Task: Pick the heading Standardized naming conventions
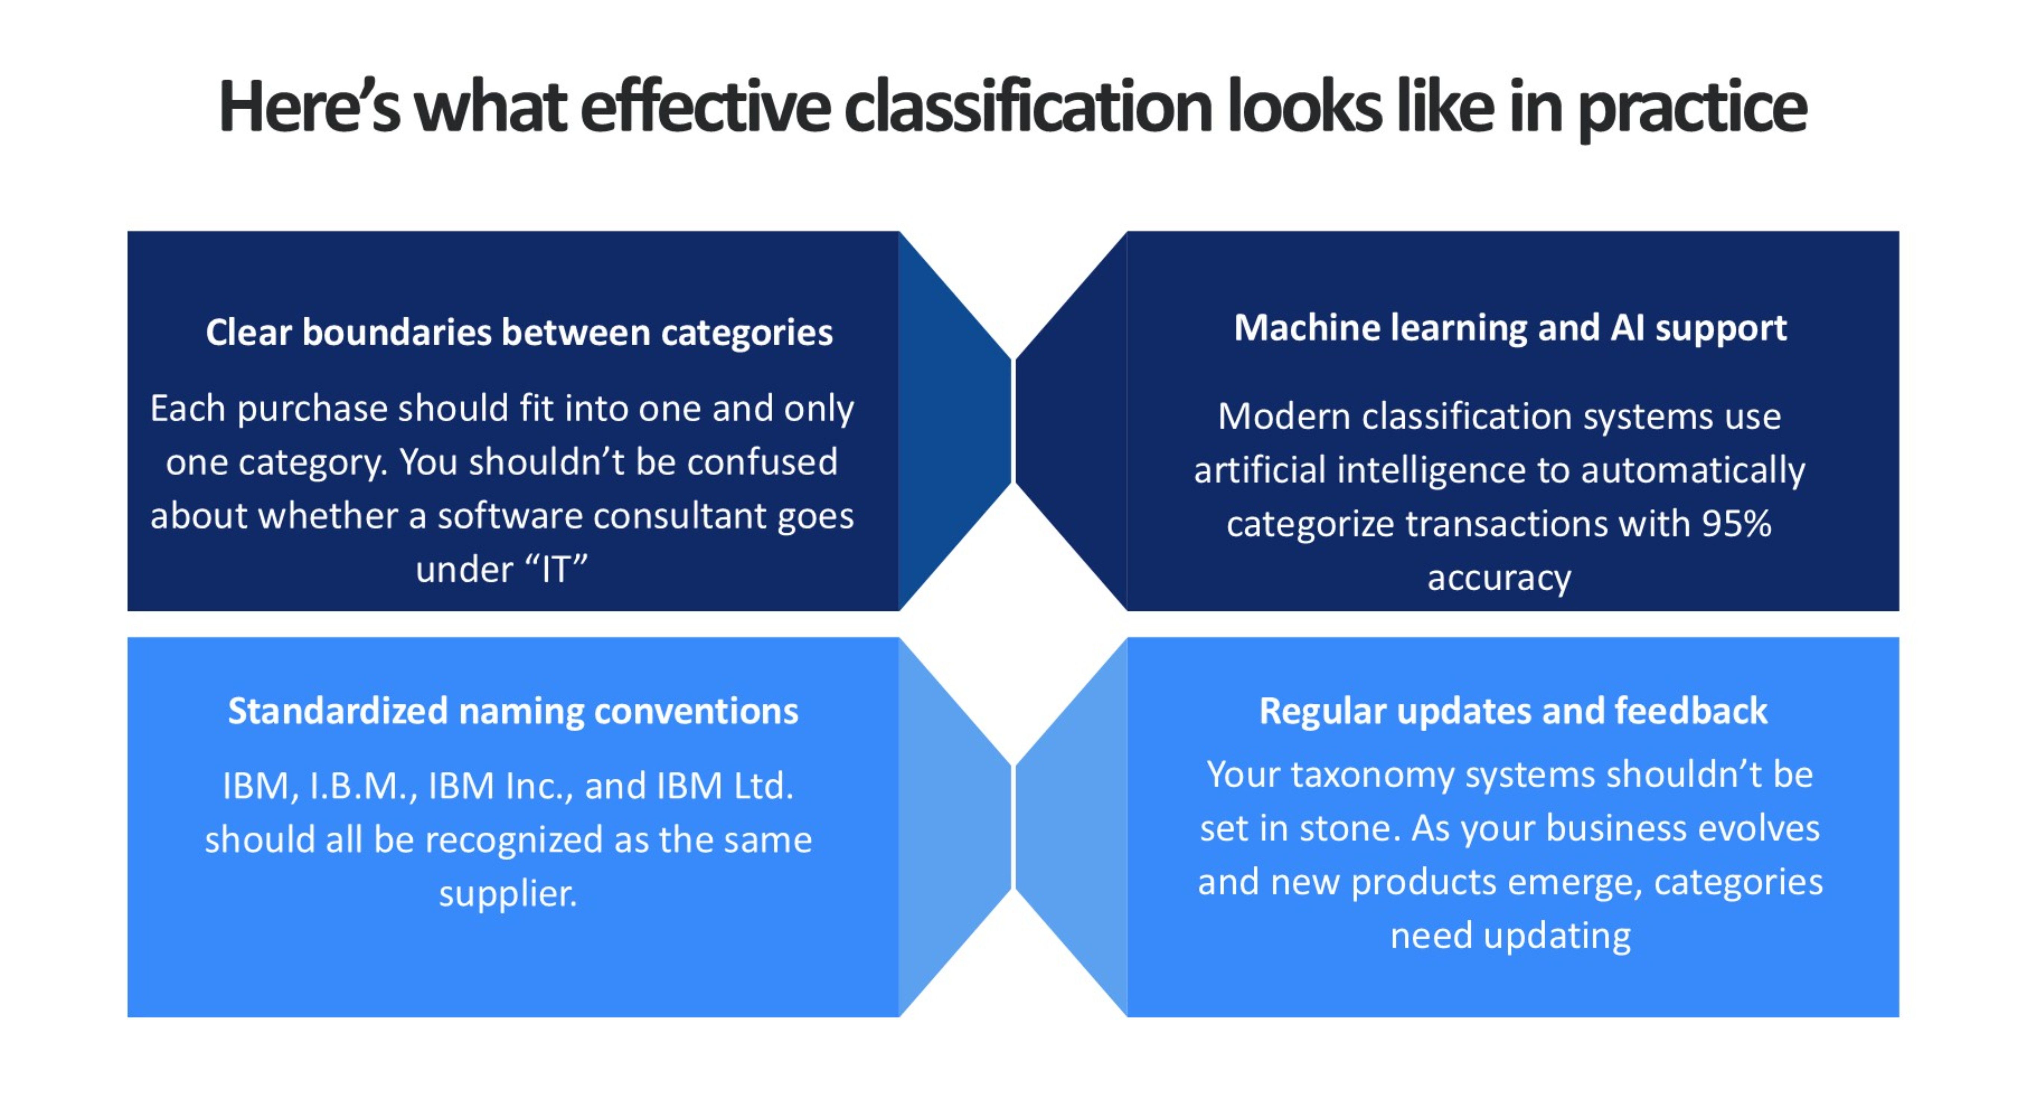tap(513, 711)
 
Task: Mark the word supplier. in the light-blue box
tap(508, 893)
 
